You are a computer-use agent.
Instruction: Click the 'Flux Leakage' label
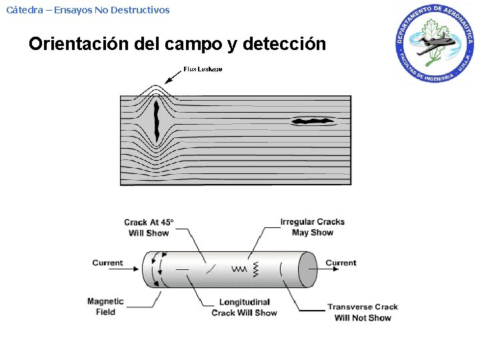click(x=203, y=69)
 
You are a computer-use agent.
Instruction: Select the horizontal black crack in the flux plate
click(x=311, y=121)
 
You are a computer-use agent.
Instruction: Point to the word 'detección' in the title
click(x=285, y=45)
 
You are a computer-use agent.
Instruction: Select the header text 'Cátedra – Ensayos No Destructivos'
click(x=88, y=10)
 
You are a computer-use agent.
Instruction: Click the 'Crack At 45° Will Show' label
click(x=149, y=227)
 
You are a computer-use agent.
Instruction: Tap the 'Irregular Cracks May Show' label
click(x=312, y=227)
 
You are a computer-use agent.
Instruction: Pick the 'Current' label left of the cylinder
click(x=107, y=263)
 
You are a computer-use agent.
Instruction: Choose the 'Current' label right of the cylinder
click(x=341, y=263)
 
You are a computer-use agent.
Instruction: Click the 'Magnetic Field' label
click(x=105, y=307)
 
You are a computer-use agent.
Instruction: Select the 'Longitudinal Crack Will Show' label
click(x=244, y=307)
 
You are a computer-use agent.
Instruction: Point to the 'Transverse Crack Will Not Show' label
click(x=363, y=312)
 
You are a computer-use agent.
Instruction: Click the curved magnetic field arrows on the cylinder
click(x=156, y=269)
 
